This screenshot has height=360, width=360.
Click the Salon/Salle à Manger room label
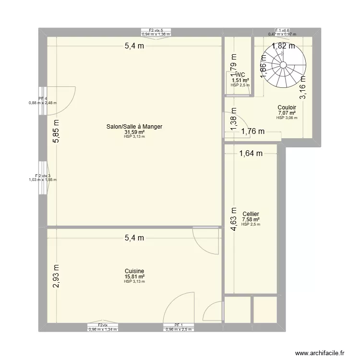pos(134,127)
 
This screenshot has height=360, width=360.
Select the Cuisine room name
pos(134,271)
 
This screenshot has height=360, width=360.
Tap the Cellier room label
pos(252,214)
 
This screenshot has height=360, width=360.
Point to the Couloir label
pos(287,108)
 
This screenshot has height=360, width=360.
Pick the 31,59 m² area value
pos(134,132)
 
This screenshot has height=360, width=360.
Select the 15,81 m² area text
pos(134,276)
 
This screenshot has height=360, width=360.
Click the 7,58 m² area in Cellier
pos(252,219)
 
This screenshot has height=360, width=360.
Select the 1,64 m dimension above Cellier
pos(251,154)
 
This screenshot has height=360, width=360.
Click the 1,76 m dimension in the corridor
pos(253,131)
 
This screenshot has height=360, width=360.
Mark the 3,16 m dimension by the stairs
pos(303,87)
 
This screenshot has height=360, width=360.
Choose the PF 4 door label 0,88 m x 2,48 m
pos(43,102)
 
